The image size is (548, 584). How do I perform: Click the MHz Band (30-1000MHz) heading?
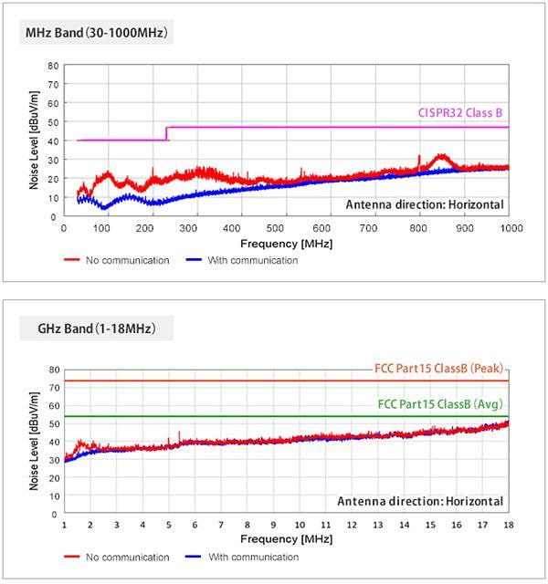click(x=95, y=33)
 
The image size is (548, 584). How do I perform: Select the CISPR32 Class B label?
click(x=460, y=114)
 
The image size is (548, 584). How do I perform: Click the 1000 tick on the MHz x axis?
click(x=508, y=228)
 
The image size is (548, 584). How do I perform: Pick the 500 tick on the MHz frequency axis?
click(x=286, y=228)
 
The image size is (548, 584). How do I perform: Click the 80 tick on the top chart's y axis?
click(x=53, y=66)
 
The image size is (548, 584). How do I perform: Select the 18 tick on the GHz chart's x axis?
click(x=508, y=526)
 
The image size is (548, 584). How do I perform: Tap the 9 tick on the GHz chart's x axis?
click(x=272, y=526)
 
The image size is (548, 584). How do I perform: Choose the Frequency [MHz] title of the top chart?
click(x=286, y=245)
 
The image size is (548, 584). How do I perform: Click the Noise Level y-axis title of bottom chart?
click(x=34, y=442)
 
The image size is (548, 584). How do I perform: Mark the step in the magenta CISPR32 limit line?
click(x=166, y=133)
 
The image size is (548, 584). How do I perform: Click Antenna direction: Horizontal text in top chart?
click(x=425, y=204)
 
